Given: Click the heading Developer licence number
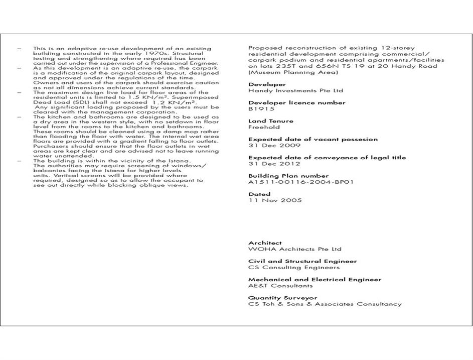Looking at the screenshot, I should pyautogui.click(x=296, y=103).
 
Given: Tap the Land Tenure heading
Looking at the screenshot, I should pyautogui.click(x=270, y=121).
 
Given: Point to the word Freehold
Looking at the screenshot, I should pyautogui.click(x=264, y=127).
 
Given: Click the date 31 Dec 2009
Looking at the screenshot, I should pyautogui.click(x=274, y=146).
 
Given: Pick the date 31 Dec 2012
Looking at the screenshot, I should pyautogui.click(x=274, y=164).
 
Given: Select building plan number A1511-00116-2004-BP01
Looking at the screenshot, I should pyautogui.click(x=300, y=182).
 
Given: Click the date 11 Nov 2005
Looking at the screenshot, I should pyautogui.click(x=275, y=200).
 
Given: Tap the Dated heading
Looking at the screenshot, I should pyautogui.click(x=259, y=194).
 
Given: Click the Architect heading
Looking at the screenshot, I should pyautogui.click(x=265, y=243).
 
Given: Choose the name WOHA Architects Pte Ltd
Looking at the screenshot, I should pyautogui.click(x=294, y=249).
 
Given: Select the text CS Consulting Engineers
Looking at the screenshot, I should pyautogui.click(x=293, y=268).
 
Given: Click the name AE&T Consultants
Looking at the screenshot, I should pyautogui.click(x=280, y=286).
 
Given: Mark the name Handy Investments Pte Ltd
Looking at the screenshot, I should pyautogui.click(x=295, y=91).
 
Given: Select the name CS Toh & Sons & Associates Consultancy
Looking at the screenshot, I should pyautogui.click(x=325, y=304).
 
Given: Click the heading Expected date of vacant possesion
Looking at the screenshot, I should pyautogui.click(x=312, y=139).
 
